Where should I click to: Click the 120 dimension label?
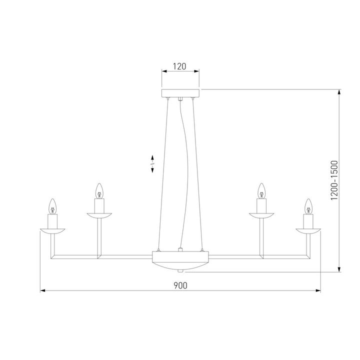(179, 66)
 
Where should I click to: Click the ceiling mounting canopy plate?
(180, 93)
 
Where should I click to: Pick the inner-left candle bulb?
(99, 190)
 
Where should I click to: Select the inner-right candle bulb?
(260, 190)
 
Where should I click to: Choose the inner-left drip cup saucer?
(99, 215)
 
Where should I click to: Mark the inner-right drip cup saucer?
(260, 215)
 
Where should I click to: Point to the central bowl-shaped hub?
(180, 260)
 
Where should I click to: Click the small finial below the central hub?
(180, 271)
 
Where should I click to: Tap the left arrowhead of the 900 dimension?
(42, 290)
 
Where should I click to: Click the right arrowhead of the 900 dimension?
(317, 290)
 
